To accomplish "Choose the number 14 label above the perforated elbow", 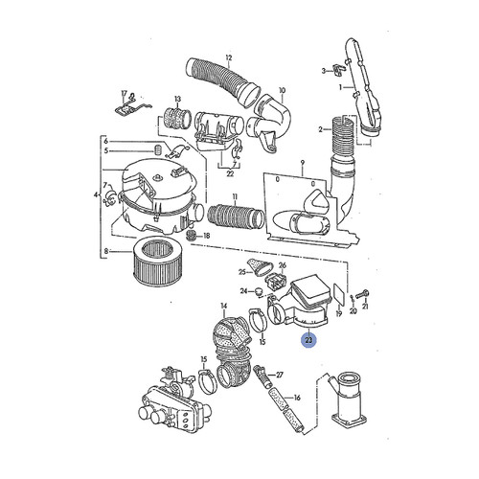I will click(223, 307).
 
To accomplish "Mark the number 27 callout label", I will click(279, 374).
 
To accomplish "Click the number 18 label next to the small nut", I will click(206, 235).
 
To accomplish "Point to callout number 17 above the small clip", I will click(124, 92).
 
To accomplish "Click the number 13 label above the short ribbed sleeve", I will click(177, 100).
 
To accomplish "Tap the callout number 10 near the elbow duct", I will click(282, 93).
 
